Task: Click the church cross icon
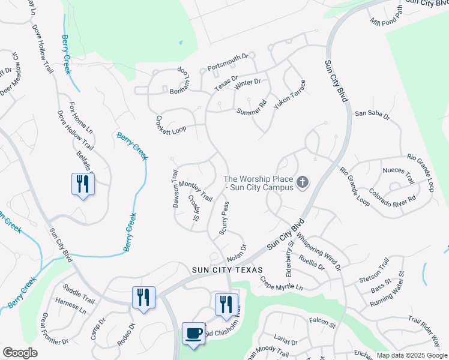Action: pyautogui.click(x=303, y=182)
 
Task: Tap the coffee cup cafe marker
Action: pyautogui.click(x=193, y=334)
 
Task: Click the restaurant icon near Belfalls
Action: pyautogui.click(x=83, y=184)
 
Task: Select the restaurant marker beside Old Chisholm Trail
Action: pyautogui.click(x=226, y=304)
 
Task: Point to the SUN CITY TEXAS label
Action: pyautogui.click(x=229, y=270)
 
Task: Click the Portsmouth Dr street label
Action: pyautogui.click(x=228, y=61)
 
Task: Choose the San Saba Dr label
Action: pyautogui.click(x=372, y=113)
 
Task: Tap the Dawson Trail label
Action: pyautogui.click(x=176, y=188)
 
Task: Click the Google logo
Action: pyautogui.click(x=20, y=353)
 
